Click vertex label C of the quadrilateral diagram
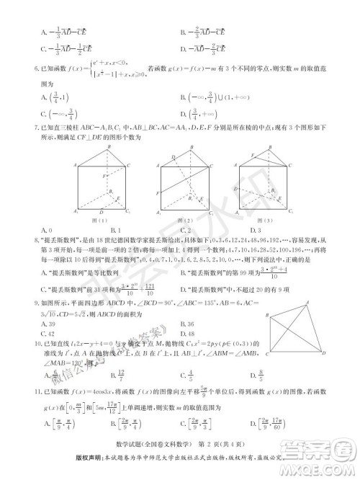point(269,355)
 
